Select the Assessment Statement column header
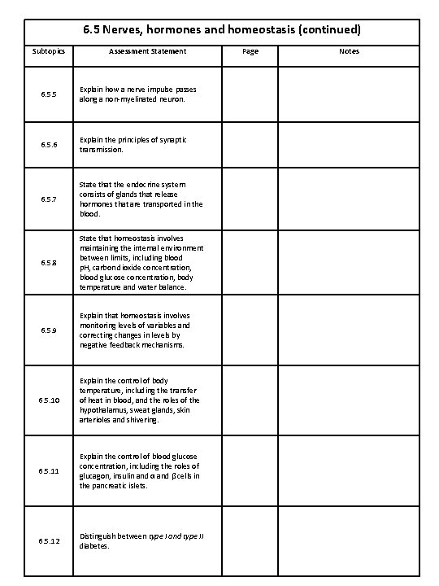[x=148, y=51]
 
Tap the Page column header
[x=250, y=51]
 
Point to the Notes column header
[x=350, y=51]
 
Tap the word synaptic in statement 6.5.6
[x=171, y=140]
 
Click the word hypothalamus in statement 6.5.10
[x=105, y=410]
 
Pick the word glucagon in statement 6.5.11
[x=96, y=475]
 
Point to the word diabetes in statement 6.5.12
[x=95, y=547]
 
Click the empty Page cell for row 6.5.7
[x=250, y=199]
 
